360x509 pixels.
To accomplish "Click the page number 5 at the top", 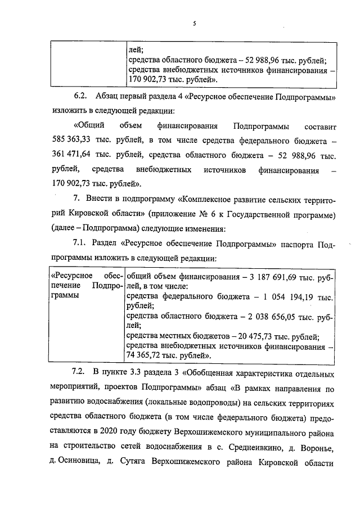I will pyautogui.click(x=194, y=24).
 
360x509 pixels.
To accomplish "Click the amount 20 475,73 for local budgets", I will pyautogui.click(x=244, y=336).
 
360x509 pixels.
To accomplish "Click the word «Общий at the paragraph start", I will pyautogui.click(x=88, y=124).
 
